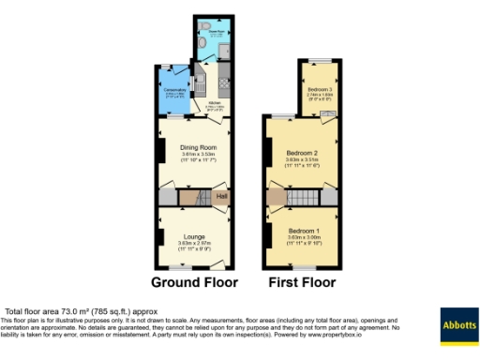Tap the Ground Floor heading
195,281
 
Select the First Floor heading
302,281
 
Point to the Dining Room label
196,148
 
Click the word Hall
222,196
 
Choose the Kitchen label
215,103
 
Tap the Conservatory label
176,89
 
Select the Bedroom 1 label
304,231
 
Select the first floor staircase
302,196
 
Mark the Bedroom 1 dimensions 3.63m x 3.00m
304,237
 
